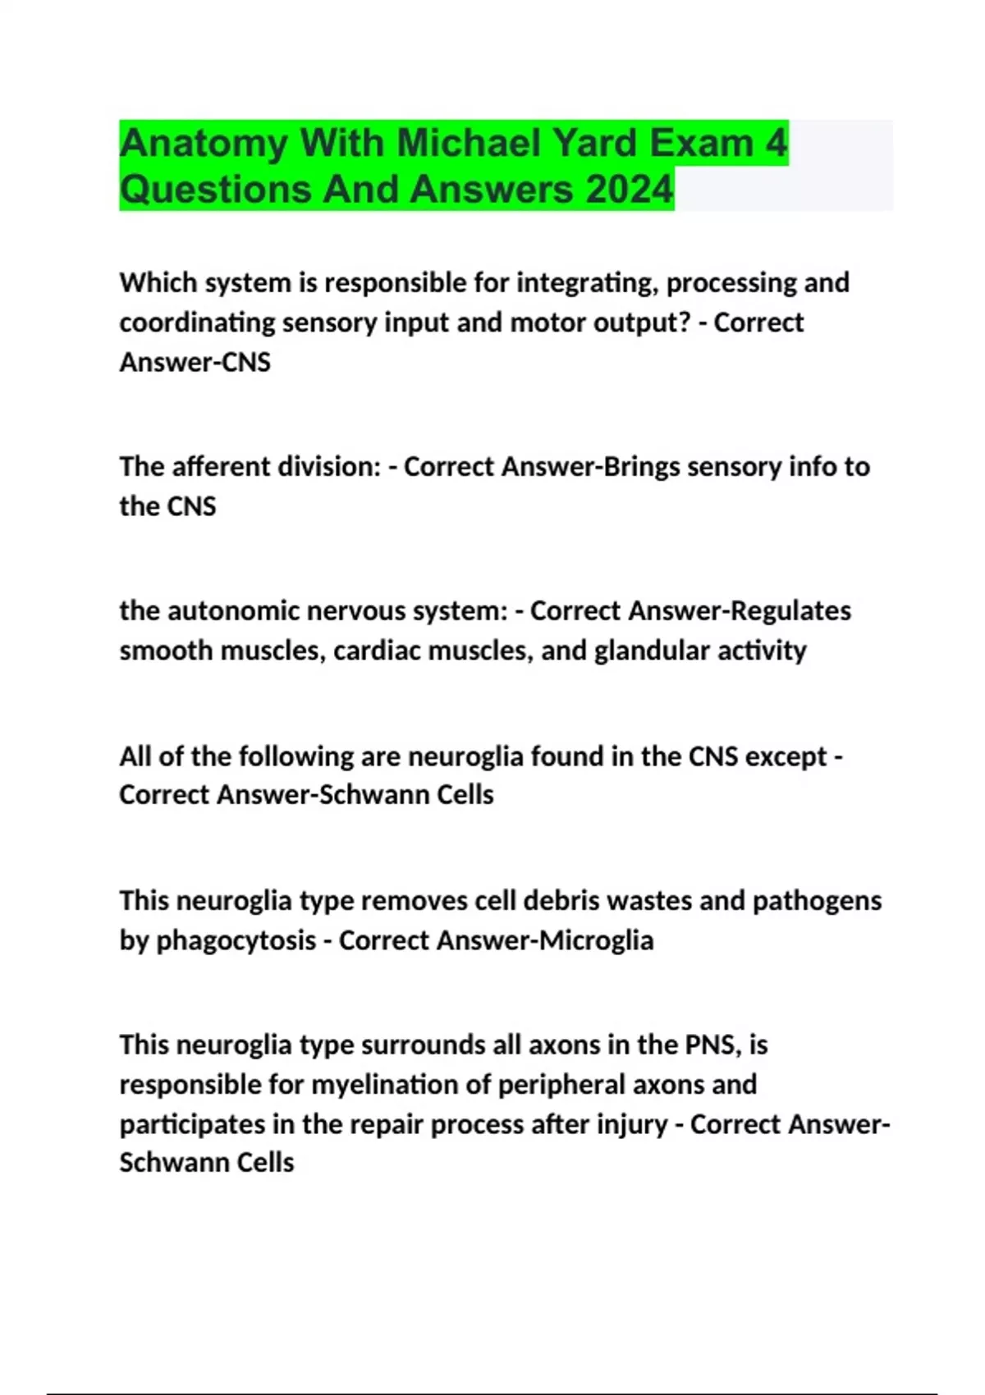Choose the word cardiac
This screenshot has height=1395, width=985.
[377, 651]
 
